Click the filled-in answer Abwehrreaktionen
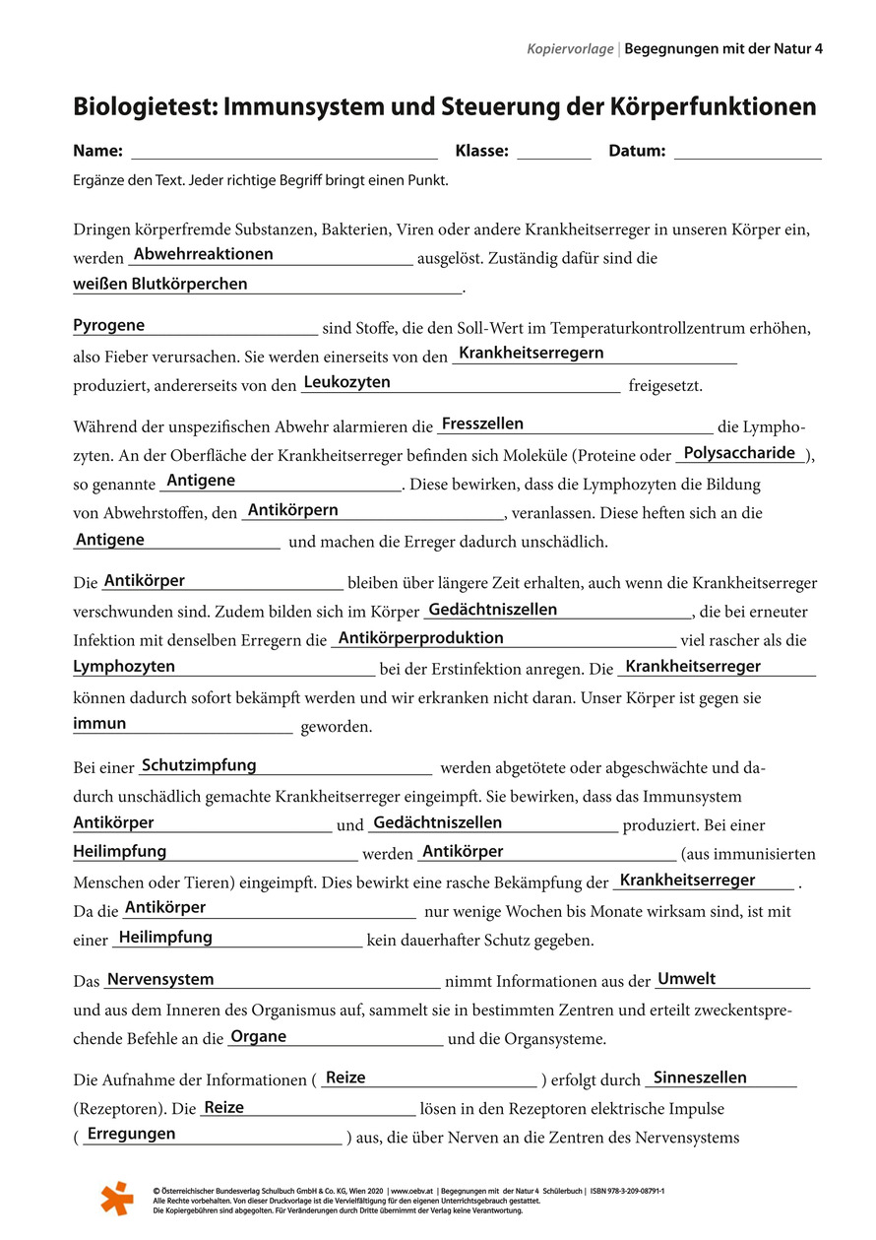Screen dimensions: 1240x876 point(203,254)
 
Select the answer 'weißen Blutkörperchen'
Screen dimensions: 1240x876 point(160,284)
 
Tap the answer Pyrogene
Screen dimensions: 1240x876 point(108,325)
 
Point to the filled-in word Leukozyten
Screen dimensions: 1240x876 point(346,382)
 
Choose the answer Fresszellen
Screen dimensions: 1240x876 point(482,424)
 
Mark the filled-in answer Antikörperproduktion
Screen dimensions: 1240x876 point(420,637)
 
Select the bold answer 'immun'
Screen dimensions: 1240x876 point(99,723)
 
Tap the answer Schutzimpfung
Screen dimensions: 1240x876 point(199,765)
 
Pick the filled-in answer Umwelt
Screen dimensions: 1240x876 point(686,979)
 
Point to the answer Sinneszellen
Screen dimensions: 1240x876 point(700,1077)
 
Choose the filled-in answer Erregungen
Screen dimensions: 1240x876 point(131,1134)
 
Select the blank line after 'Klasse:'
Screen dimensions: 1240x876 point(553,155)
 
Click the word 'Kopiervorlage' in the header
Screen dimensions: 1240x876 point(570,48)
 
